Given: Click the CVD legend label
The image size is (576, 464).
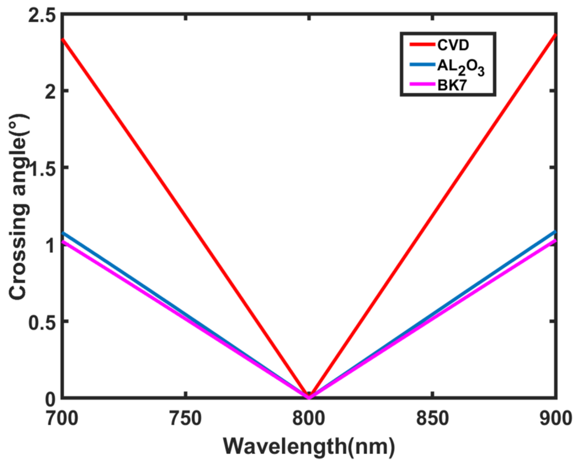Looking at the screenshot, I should (x=453, y=45).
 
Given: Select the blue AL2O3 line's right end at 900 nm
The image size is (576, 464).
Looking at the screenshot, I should (x=555, y=232).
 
